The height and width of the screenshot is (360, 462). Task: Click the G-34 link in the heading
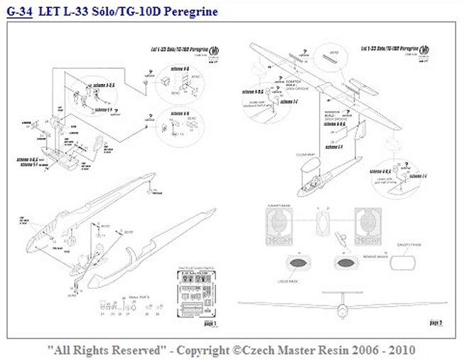coord(19,12)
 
